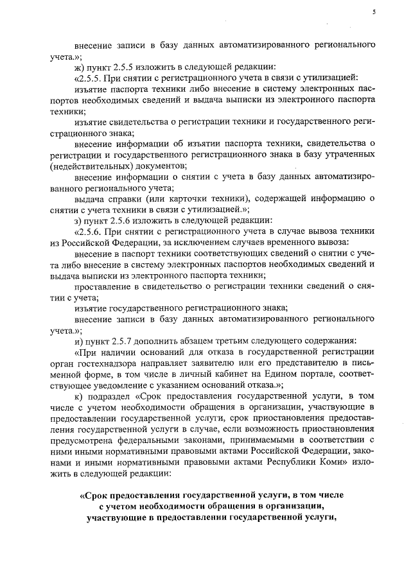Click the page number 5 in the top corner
pyautogui.click(x=373, y=12)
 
